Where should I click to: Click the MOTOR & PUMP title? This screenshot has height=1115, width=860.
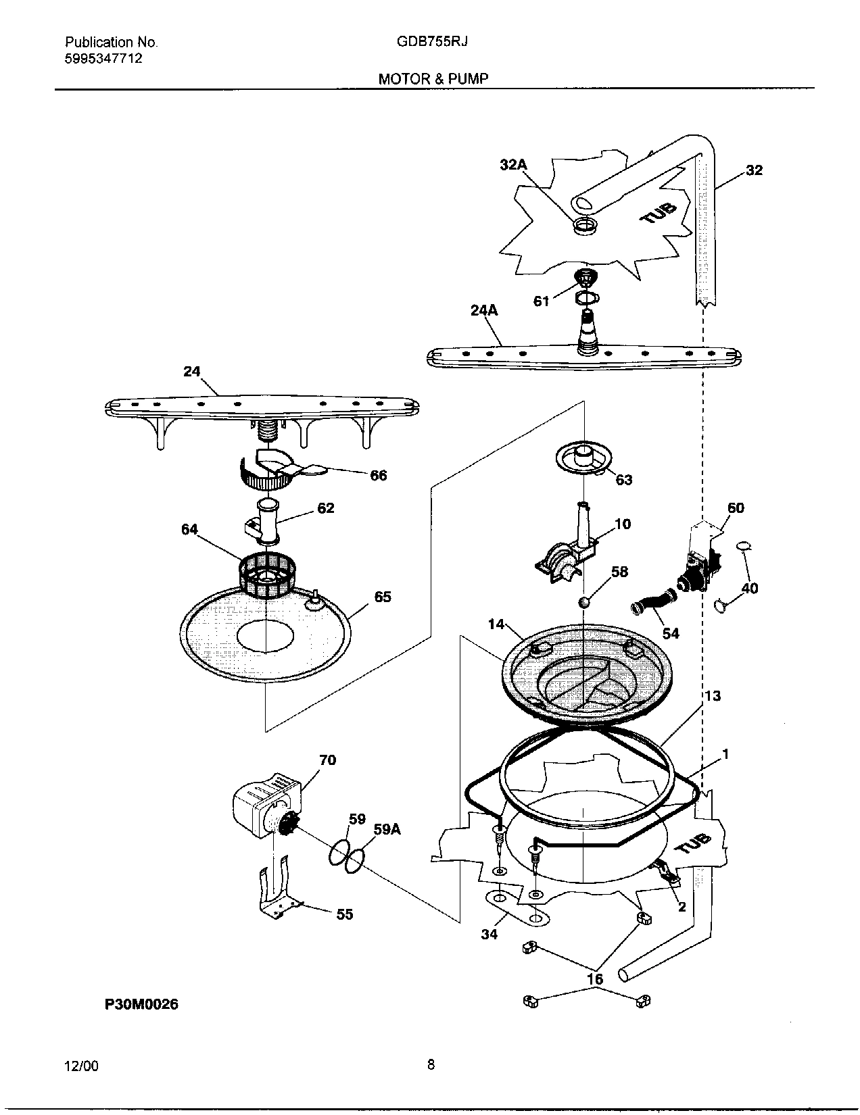433,78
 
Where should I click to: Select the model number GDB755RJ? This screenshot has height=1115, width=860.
433,41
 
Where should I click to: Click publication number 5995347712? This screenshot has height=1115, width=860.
103,58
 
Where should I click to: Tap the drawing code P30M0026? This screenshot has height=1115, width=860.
141,1005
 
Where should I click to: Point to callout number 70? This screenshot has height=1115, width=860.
327,760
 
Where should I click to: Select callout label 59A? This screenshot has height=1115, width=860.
387,830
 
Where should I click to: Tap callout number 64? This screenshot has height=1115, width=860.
189,529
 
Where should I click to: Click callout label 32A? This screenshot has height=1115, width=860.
513,164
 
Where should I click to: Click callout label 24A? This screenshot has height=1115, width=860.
484,310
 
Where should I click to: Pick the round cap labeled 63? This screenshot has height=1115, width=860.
581,457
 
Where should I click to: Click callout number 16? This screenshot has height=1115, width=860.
595,978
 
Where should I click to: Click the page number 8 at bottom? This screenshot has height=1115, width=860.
431,1065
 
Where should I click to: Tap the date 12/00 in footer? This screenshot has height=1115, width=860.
81,1066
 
